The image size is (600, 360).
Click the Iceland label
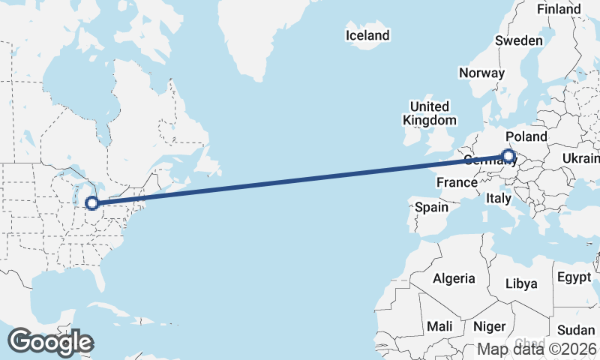click(367, 35)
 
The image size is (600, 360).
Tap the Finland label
click(559, 9)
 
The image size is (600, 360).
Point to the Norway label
click(481, 73)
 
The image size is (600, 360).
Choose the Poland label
click(526, 137)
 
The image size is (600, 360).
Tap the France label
click(457, 182)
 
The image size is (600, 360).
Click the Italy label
click(498, 199)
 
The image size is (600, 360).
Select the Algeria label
click(454, 278)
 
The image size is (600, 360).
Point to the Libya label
click(521, 283)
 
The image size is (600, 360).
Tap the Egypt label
click(574, 277)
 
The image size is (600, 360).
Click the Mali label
click(439, 327)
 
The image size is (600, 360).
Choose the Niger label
click(488, 327)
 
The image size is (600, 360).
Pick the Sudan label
click(576, 330)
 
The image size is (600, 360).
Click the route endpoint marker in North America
click(91, 202)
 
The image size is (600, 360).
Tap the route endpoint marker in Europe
click(508, 157)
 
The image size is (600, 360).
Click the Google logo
click(51, 342)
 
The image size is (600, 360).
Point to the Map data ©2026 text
click(537, 349)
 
